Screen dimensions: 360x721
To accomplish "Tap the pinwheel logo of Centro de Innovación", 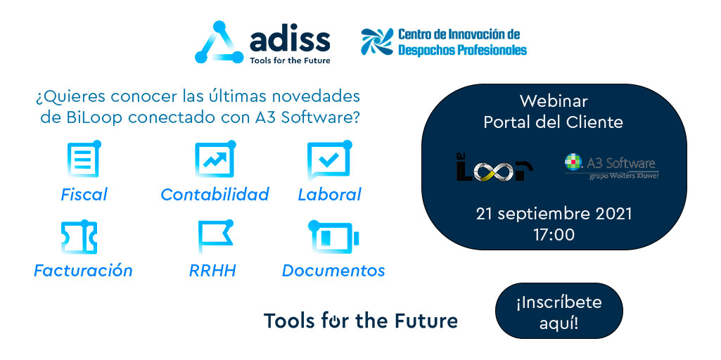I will (376, 42).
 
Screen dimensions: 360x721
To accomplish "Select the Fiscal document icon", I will (84, 160).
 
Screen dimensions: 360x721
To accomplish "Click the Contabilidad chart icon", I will (214, 160).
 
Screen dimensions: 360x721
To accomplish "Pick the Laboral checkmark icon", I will (328, 160).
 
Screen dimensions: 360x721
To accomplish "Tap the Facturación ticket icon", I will (79, 237).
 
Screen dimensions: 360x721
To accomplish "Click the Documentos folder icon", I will (333, 238).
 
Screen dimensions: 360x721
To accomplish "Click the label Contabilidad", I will (215, 195).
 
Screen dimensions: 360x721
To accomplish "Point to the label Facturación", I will (83, 271).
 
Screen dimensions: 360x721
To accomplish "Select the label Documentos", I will (333, 271).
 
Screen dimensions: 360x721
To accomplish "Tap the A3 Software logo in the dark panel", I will (611, 166).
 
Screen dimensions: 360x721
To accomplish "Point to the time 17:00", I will (554, 234).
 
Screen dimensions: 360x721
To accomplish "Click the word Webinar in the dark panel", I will (554, 101).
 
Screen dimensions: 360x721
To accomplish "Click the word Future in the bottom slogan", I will (423, 321).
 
